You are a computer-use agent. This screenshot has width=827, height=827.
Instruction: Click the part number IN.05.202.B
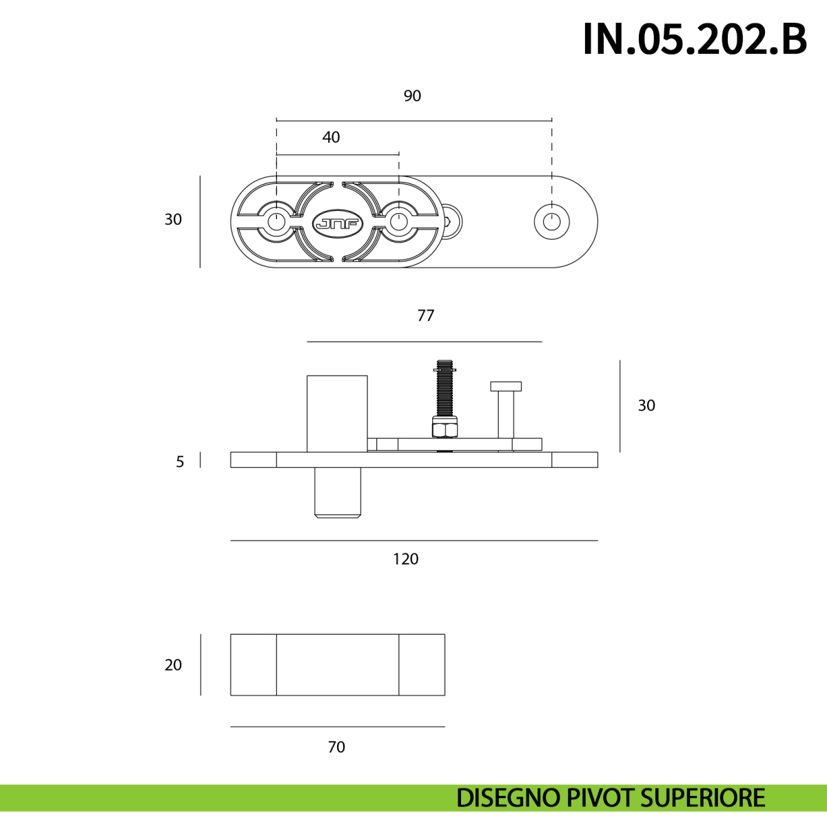point(695,39)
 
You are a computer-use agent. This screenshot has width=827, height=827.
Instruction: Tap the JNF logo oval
point(338,223)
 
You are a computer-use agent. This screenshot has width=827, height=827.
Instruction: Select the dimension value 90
point(412,96)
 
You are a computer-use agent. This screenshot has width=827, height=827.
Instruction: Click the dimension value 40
point(331,137)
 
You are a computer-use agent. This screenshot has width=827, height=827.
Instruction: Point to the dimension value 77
point(426,316)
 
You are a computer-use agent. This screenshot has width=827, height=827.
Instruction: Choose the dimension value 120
point(405,559)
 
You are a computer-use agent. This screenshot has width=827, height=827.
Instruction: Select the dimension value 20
point(174,665)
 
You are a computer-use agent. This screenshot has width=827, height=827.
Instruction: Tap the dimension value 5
point(181,462)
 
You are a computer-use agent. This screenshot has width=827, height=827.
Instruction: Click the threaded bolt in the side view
point(445,389)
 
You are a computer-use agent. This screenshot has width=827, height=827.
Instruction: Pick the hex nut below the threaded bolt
point(445,428)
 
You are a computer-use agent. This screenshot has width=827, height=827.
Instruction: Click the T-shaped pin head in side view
point(506,386)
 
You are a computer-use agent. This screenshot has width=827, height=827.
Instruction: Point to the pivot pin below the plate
point(338,493)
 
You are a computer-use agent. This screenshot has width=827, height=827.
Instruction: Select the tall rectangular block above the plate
point(337,413)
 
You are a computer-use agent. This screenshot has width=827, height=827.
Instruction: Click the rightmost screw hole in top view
point(552,222)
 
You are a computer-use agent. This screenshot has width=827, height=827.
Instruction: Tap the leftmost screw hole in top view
point(277,222)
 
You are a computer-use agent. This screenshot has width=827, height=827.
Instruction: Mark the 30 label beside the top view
point(174,219)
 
